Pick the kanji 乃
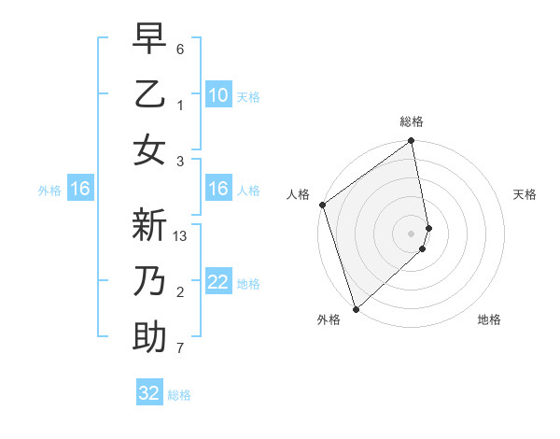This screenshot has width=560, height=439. [149, 282]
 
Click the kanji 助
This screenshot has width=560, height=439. [149, 337]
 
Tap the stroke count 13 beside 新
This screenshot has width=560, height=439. [181, 236]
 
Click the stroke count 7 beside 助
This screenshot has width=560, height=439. [180, 348]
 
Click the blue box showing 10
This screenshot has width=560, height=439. [217, 94]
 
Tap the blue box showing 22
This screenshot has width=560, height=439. [217, 282]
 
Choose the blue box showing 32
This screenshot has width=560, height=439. [149, 393]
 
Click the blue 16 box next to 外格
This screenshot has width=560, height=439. [80, 189]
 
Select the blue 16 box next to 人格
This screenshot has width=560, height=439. [217, 189]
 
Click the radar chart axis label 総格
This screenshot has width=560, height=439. [412, 121]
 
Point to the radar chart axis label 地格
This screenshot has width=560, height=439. [489, 319]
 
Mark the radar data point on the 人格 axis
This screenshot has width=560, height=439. [322, 205]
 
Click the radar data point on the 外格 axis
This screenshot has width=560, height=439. [356, 308]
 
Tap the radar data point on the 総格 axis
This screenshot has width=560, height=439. [412, 142]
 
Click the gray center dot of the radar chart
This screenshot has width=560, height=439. [412, 233]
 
